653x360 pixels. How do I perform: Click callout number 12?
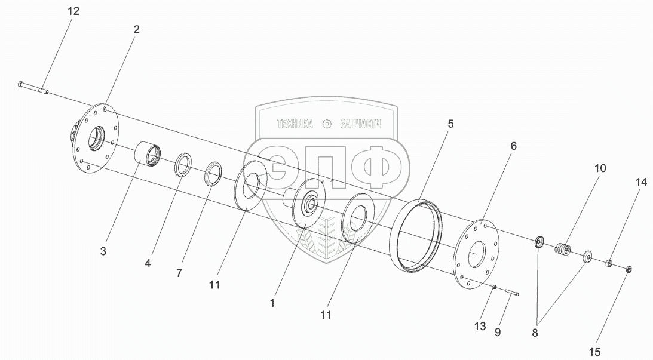[72, 11]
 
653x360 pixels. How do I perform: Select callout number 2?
[137, 29]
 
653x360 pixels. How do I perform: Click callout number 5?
[450, 124]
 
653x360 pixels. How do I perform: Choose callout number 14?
[640, 183]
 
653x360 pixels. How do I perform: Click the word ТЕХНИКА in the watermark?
[295, 124]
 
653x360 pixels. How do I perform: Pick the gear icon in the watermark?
[326, 124]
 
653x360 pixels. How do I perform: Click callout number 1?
[272, 303]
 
